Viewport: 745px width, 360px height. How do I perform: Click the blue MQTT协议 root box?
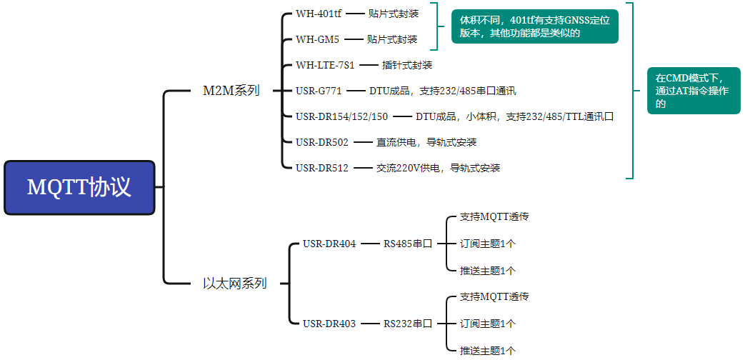tap(79, 187)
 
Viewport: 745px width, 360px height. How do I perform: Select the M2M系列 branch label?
tap(231, 91)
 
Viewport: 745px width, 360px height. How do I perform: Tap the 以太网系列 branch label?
tap(234, 284)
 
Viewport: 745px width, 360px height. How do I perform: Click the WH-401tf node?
tap(319, 14)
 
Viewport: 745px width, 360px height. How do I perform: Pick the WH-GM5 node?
tap(317, 39)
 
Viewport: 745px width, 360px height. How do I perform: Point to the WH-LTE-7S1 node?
tap(325, 65)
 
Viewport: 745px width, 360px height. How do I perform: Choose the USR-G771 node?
tap(319, 91)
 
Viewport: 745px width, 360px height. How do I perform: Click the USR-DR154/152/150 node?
tap(341, 116)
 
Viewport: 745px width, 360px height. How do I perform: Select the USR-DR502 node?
tap(321, 142)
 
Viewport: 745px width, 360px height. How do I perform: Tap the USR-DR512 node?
tap(321, 168)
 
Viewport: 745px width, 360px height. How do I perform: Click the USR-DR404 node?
tap(329, 244)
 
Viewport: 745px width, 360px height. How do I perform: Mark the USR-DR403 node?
tap(329, 324)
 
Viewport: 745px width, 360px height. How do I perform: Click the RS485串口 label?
tap(408, 244)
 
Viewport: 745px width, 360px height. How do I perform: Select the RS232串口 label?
tap(408, 324)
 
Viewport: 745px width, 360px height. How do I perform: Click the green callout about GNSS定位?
tap(534, 26)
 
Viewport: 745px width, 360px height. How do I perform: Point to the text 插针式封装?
tap(407, 65)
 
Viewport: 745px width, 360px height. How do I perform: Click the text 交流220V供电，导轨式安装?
tap(438, 168)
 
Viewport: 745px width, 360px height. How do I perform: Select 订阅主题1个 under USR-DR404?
tap(488, 244)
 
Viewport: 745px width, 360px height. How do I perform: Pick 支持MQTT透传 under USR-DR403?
tap(494, 296)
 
